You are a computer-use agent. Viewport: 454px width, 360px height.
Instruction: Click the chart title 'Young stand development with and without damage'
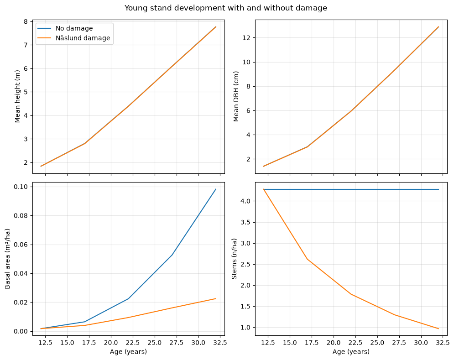[225, 8]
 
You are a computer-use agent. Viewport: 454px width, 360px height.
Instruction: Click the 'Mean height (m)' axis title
[17, 96]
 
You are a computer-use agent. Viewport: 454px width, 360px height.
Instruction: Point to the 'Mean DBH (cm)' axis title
[236, 96]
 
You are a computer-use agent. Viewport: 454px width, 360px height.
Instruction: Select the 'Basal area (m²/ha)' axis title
[7, 259]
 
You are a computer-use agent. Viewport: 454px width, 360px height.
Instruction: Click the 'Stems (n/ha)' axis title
[234, 259]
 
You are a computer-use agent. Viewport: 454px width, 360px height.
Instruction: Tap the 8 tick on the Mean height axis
[26, 22]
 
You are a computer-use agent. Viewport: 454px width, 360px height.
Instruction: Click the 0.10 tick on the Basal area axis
[21, 187]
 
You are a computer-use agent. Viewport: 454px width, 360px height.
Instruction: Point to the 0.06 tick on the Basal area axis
[21, 245]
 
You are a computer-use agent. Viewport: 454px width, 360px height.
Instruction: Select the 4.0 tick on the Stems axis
[245, 201]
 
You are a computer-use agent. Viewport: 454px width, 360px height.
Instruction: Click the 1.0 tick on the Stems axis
[245, 328]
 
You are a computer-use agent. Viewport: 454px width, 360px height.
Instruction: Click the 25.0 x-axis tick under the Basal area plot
[155, 343]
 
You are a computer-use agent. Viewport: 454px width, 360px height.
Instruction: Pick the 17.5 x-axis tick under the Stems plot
[312, 343]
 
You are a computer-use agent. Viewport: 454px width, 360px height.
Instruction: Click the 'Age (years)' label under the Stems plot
[351, 352]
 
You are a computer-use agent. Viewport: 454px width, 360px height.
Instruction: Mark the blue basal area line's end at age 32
[216, 189]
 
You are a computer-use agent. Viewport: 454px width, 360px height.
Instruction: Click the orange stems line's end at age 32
[438, 329]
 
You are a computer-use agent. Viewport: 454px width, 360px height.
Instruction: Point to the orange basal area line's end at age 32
[216, 298]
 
